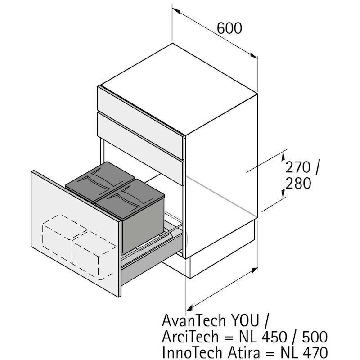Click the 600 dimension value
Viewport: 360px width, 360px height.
pyautogui.click(x=229, y=28)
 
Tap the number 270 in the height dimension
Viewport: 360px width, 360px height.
pyautogui.click(x=298, y=167)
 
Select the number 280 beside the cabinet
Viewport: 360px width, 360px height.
pyautogui.click(x=298, y=183)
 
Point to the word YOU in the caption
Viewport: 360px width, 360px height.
pyautogui.click(x=245, y=320)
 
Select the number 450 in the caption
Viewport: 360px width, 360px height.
pyautogui.click(x=274, y=337)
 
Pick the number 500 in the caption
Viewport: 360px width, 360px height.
pyautogui.click(x=315, y=337)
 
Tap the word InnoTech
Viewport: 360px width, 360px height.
pyautogui.click(x=192, y=353)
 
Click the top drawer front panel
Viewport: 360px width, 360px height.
pyautogui.click(x=140, y=122)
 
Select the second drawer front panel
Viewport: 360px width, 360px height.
pyautogui.click(x=140, y=148)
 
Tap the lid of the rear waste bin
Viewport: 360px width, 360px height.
pyautogui.click(x=100, y=182)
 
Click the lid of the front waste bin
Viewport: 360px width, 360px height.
pyautogui.click(x=130, y=199)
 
